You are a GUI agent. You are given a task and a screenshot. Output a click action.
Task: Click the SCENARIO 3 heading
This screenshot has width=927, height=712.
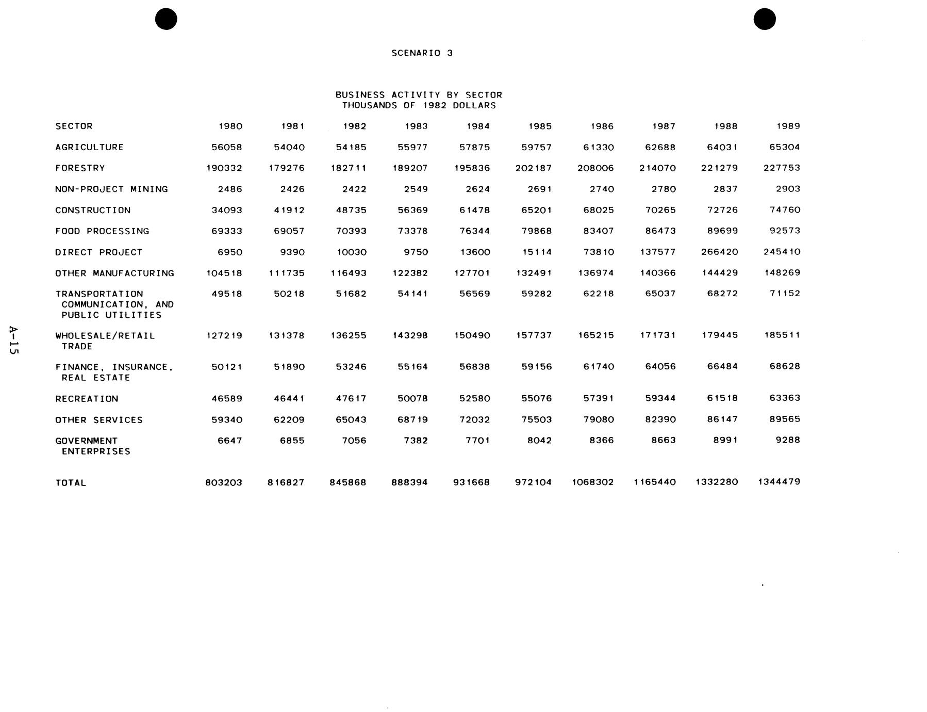click(422, 53)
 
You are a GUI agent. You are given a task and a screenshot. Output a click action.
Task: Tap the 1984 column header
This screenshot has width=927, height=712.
click(478, 126)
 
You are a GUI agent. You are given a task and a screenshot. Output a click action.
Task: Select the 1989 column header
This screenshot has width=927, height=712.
click(788, 126)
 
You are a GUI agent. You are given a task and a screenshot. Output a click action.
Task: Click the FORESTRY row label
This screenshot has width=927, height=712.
click(80, 168)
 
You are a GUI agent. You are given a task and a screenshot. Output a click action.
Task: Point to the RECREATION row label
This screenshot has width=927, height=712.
click(87, 399)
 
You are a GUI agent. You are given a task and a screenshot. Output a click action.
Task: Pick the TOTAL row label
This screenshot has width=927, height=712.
click(71, 483)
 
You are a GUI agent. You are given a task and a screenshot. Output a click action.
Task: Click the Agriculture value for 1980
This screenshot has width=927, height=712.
click(226, 147)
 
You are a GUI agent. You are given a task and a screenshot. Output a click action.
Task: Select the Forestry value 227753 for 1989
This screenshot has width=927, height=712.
click(782, 168)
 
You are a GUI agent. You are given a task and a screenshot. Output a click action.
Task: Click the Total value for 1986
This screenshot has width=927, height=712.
click(592, 482)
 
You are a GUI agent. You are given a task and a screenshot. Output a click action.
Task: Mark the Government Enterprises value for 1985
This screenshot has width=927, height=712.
click(539, 441)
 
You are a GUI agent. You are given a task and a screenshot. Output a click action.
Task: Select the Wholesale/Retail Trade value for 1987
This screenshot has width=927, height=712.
click(657, 335)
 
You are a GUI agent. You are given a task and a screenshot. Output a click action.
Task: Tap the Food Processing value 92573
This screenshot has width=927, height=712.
click(785, 231)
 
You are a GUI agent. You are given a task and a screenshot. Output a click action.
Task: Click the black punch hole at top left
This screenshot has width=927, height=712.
click(166, 19)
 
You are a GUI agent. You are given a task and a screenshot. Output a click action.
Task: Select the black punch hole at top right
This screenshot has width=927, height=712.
click(765, 19)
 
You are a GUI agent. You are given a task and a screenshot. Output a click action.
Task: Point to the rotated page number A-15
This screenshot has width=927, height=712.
click(13, 340)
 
